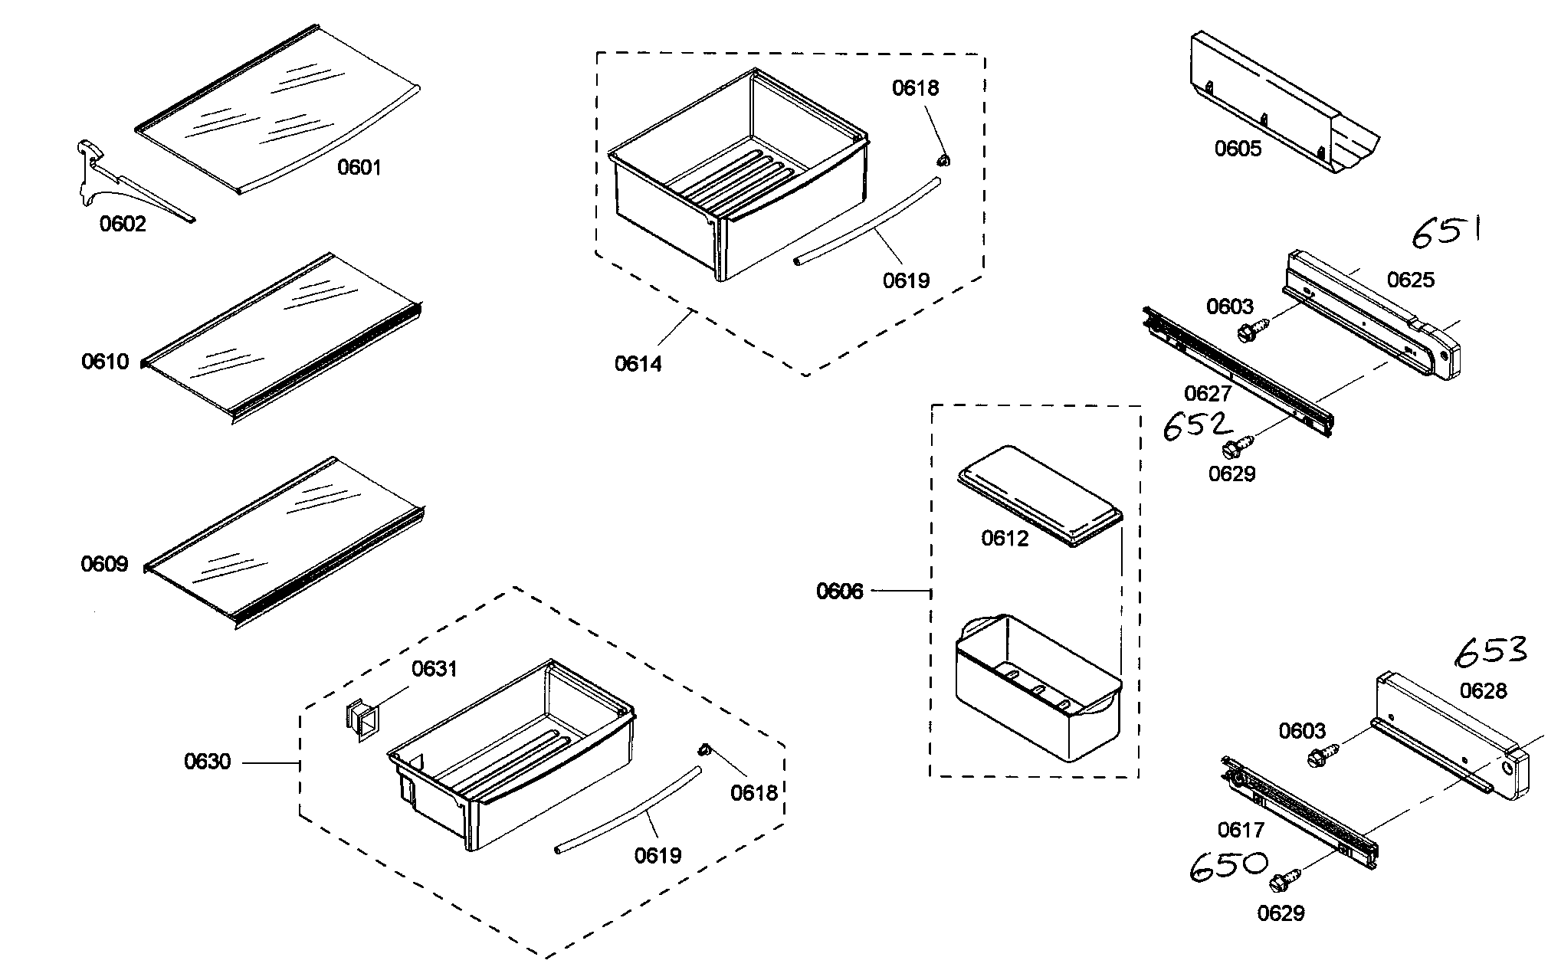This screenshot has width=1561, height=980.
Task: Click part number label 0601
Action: (359, 167)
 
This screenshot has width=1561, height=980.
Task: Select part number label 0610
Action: (105, 362)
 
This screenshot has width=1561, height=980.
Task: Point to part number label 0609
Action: (105, 565)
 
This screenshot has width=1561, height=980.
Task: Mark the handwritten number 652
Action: (1197, 427)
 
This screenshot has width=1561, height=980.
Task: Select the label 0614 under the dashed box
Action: (638, 364)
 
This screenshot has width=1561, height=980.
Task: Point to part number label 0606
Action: (839, 592)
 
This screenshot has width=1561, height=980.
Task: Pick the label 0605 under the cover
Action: (1238, 149)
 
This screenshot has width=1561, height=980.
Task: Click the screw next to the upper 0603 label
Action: (1252, 332)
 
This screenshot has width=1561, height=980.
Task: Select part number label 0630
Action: (207, 762)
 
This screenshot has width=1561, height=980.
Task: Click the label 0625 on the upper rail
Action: (1410, 280)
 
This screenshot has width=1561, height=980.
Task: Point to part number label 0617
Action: (1241, 830)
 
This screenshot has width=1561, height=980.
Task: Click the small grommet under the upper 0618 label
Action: (943, 160)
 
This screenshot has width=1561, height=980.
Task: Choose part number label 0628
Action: (1483, 691)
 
